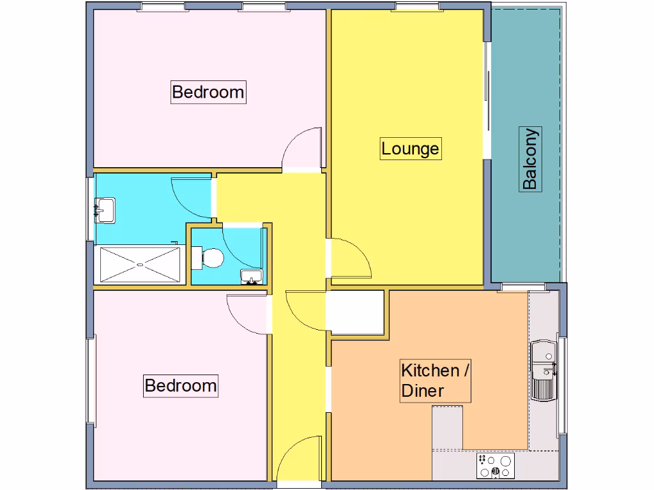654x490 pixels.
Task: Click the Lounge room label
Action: coord(410,149)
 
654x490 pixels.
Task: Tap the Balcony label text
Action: coord(530,159)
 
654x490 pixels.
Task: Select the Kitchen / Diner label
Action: coord(436,380)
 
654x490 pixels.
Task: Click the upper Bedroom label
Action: coord(208,92)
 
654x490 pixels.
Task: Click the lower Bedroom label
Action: coord(181,386)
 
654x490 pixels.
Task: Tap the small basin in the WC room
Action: coord(252,277)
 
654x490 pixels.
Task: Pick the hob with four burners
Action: coord(496,466)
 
